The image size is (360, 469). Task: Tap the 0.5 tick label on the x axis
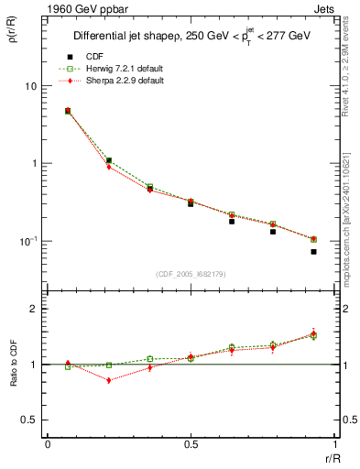click(191, 445)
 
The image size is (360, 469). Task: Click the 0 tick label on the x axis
click(48, 445)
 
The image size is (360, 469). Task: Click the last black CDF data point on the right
click(313, 252)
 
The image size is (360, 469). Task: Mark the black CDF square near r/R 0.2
click(109, 160)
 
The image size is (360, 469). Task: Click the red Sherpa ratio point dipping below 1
click(109, 380)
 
